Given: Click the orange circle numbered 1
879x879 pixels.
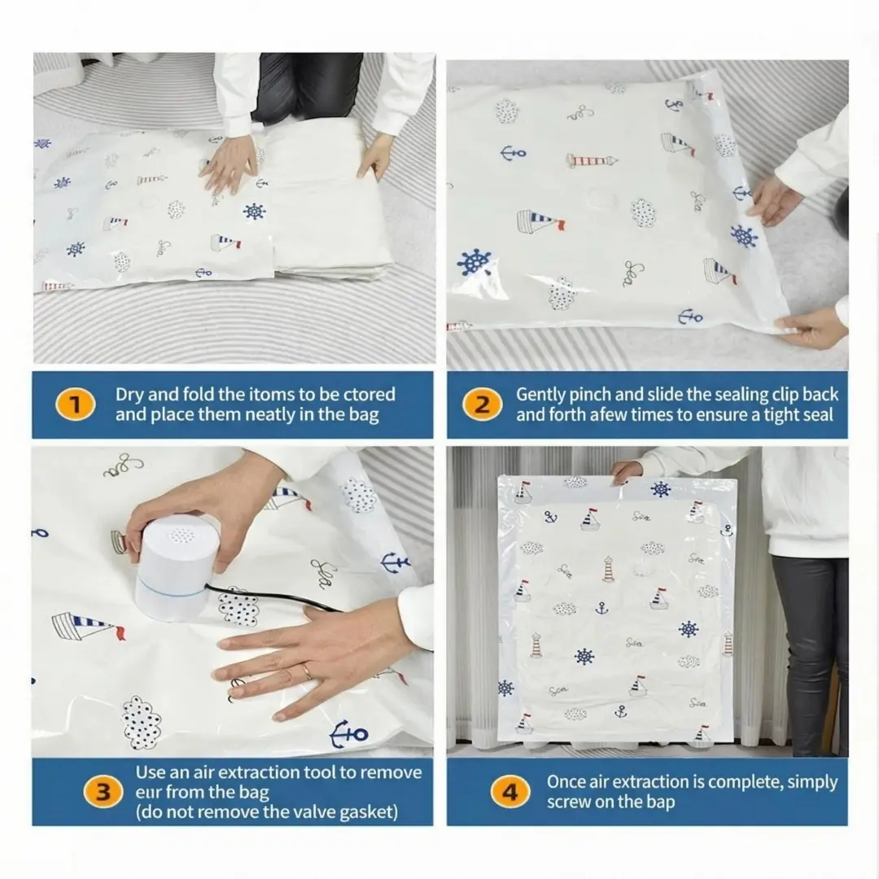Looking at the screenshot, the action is tap(76, 405).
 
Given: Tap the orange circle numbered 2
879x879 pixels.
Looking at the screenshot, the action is tap(482, 405).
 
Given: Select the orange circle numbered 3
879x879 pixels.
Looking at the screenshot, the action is tap(103, 792).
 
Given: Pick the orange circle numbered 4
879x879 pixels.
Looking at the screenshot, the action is tap(510, 792).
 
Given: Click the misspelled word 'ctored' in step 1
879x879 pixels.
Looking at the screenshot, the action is tap(369, 394).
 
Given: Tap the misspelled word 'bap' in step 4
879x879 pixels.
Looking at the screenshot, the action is tap(660, 802).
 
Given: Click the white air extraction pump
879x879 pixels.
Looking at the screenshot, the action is tap(171, 567).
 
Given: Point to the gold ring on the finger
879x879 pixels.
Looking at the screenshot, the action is tap(307, 671).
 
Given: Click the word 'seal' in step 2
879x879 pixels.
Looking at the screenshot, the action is tap(818, 415).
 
